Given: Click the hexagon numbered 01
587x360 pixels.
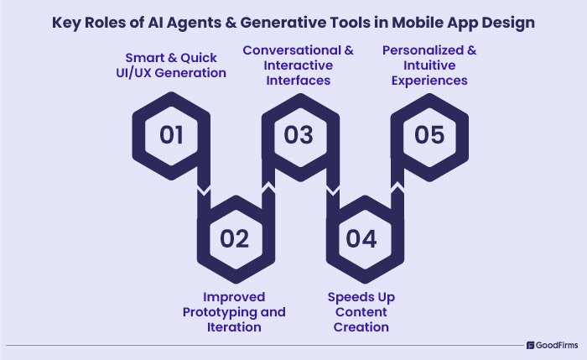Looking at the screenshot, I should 171,135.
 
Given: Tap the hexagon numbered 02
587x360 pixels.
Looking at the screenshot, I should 235,238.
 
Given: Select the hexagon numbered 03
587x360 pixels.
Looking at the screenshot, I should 299,135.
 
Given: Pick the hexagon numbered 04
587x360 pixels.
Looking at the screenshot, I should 361,238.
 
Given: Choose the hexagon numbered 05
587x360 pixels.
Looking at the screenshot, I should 429,135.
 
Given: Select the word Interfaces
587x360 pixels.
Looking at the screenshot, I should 299,81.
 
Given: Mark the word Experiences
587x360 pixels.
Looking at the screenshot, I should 429,81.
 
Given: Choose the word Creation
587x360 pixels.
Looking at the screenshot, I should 362,327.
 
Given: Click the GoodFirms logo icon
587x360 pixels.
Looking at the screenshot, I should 531,345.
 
